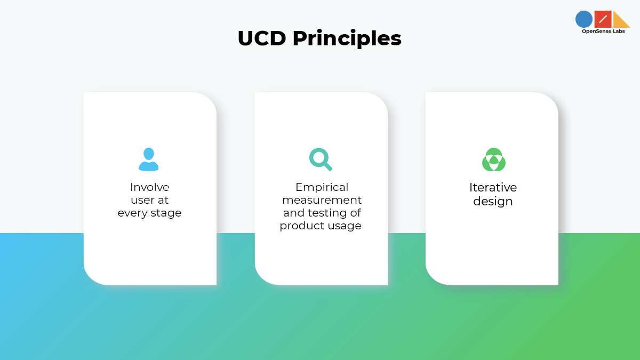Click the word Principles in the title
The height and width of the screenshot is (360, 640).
click(x=347, y=39)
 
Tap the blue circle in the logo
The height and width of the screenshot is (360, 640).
click(x=584, y=19)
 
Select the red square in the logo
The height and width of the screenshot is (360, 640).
click(x=603, y=19)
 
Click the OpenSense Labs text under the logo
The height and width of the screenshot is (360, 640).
click(x=603, y=31)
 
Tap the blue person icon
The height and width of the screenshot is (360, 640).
click(x=149, y=159)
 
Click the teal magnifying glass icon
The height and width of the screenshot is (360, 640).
click(x=321, y=159)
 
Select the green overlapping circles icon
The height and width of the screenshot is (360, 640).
click(x=493, y=159)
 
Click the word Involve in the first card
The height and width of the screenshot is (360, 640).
click(x=149, y=187)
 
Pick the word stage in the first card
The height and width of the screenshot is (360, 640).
click(x=166, y=213)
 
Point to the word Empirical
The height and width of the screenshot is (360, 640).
click(x=322, y=187)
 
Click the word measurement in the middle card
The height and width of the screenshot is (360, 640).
click(x=322, y=200)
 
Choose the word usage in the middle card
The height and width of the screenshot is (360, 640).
click(x=345, y=226)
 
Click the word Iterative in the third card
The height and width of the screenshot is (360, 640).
click(x=493, y=187)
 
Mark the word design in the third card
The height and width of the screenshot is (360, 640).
click(x=493, y=202)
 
